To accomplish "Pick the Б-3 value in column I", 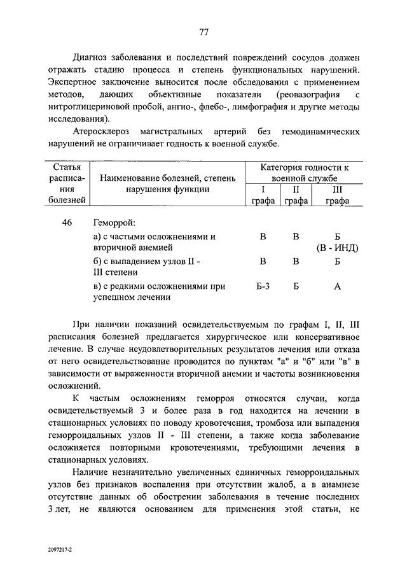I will pos(263,286).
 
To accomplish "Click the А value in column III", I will pos(337,286).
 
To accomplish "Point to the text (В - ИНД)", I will pos(337,248).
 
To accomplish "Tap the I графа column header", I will pos(263,195).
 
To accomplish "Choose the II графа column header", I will pos(296,195).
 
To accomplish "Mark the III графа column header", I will pos(337,195).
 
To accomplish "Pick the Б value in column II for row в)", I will pos(296,286).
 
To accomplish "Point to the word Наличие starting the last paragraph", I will pos(92,474).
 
